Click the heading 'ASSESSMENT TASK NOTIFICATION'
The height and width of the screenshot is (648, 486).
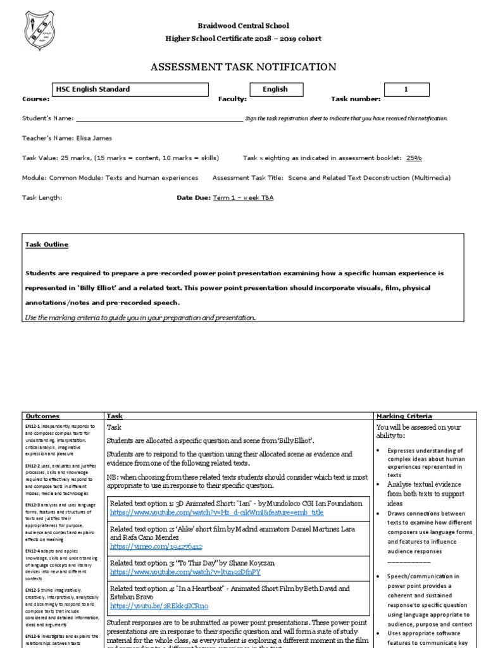243,67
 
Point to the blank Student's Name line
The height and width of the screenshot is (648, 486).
158,118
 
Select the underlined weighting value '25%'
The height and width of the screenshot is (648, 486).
414,158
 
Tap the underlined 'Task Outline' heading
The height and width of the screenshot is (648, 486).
47,245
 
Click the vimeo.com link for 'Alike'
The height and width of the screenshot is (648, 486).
156,546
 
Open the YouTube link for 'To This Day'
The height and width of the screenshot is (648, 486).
185,572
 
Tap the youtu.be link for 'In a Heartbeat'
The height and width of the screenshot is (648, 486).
159,606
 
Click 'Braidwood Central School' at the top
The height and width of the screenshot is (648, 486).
243,26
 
